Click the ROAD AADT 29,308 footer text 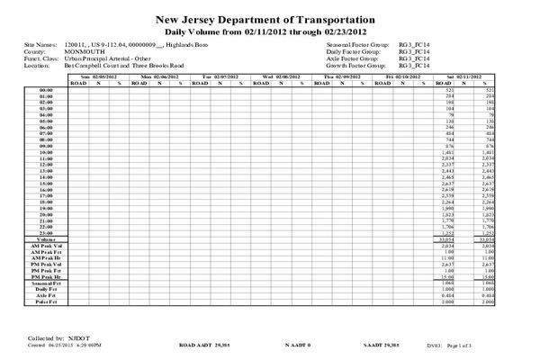pyautogui.click(x=206, y=344)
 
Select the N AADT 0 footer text pyautogui.click(x=297, y=344)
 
